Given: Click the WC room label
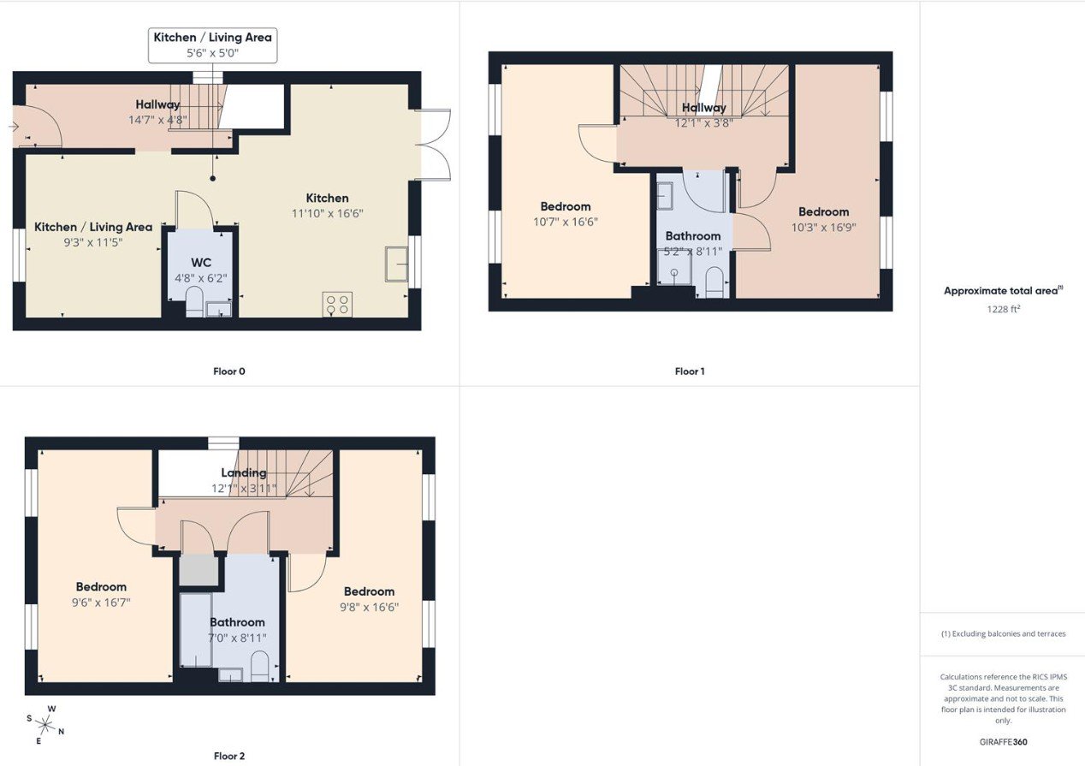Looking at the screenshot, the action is (x=201, y=263).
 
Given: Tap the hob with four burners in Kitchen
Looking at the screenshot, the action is (x=337, y=305).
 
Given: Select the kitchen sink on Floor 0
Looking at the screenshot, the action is (x=396, y=264).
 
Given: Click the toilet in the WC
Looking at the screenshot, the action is (x=194, y=301).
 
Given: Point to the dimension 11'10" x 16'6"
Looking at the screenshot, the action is (x=328, y=213).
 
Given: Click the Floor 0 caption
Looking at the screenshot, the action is (x=229, y=371).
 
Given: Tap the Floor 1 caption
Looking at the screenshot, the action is (x=690, y=371).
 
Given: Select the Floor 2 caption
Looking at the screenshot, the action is (x=229, y=756).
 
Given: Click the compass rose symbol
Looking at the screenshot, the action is (x=46, y=725).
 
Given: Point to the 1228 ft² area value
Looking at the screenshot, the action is (x=1003, y=309).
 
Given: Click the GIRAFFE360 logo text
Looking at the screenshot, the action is (x=1003, y=742).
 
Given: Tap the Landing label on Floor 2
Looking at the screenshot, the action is (x=244, y=472).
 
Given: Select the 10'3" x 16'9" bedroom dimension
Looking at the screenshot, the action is (x=823, y=227).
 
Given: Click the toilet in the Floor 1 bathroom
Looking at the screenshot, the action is (x=714, y=282).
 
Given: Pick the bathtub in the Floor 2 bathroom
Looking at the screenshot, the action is (x=196, y=630).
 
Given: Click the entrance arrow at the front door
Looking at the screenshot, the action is (x=14, y=127).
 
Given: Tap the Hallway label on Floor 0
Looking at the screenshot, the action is (x=157, y=104).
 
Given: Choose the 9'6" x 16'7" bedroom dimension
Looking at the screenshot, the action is (x=101, y=603).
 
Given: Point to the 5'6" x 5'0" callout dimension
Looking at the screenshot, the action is (x=213, y=53).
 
